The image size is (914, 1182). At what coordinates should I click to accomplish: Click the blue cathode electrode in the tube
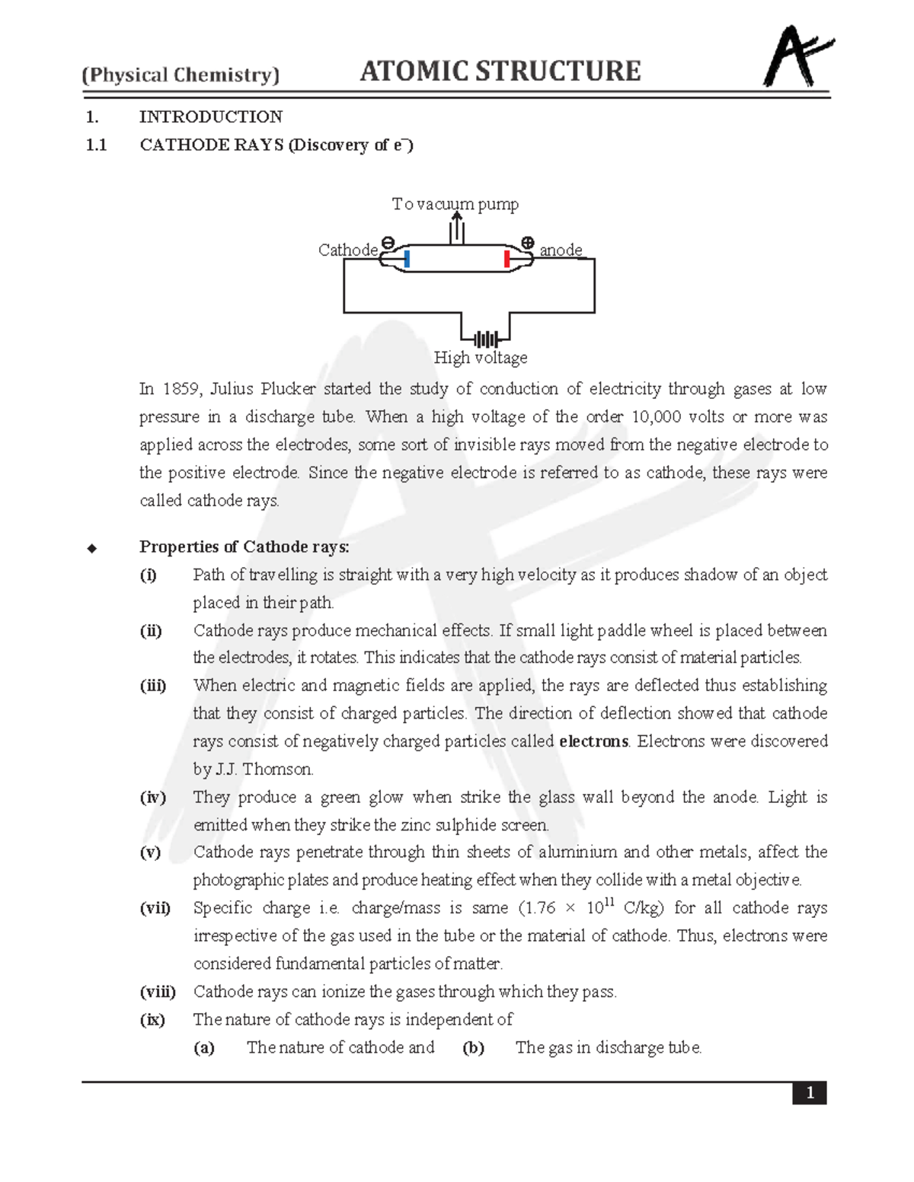(407, 260)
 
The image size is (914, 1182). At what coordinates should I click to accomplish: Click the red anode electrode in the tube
(507, 260)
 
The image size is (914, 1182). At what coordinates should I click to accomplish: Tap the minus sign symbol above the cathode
(388, 243)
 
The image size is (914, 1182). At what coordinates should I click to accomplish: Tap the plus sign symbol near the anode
(527, 243)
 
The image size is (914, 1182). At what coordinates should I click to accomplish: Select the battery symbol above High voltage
(485, 339)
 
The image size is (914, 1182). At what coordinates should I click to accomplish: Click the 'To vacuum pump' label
(455, 204)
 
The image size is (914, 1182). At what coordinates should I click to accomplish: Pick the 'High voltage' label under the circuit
(480, 358)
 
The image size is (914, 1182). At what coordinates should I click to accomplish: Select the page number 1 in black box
(810, 1093)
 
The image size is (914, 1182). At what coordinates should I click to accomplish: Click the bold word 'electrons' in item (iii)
(593, 741)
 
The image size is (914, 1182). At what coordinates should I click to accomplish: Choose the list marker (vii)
(155, 908)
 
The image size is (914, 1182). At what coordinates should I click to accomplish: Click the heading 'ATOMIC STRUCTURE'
(500, 72)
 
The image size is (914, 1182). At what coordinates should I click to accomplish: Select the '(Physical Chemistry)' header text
(181, 75)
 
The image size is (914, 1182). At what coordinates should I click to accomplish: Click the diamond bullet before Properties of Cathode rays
(92, 548)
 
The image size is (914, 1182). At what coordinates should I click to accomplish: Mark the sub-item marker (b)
(473, 1048)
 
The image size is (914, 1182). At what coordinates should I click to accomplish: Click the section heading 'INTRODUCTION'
(211, 117)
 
